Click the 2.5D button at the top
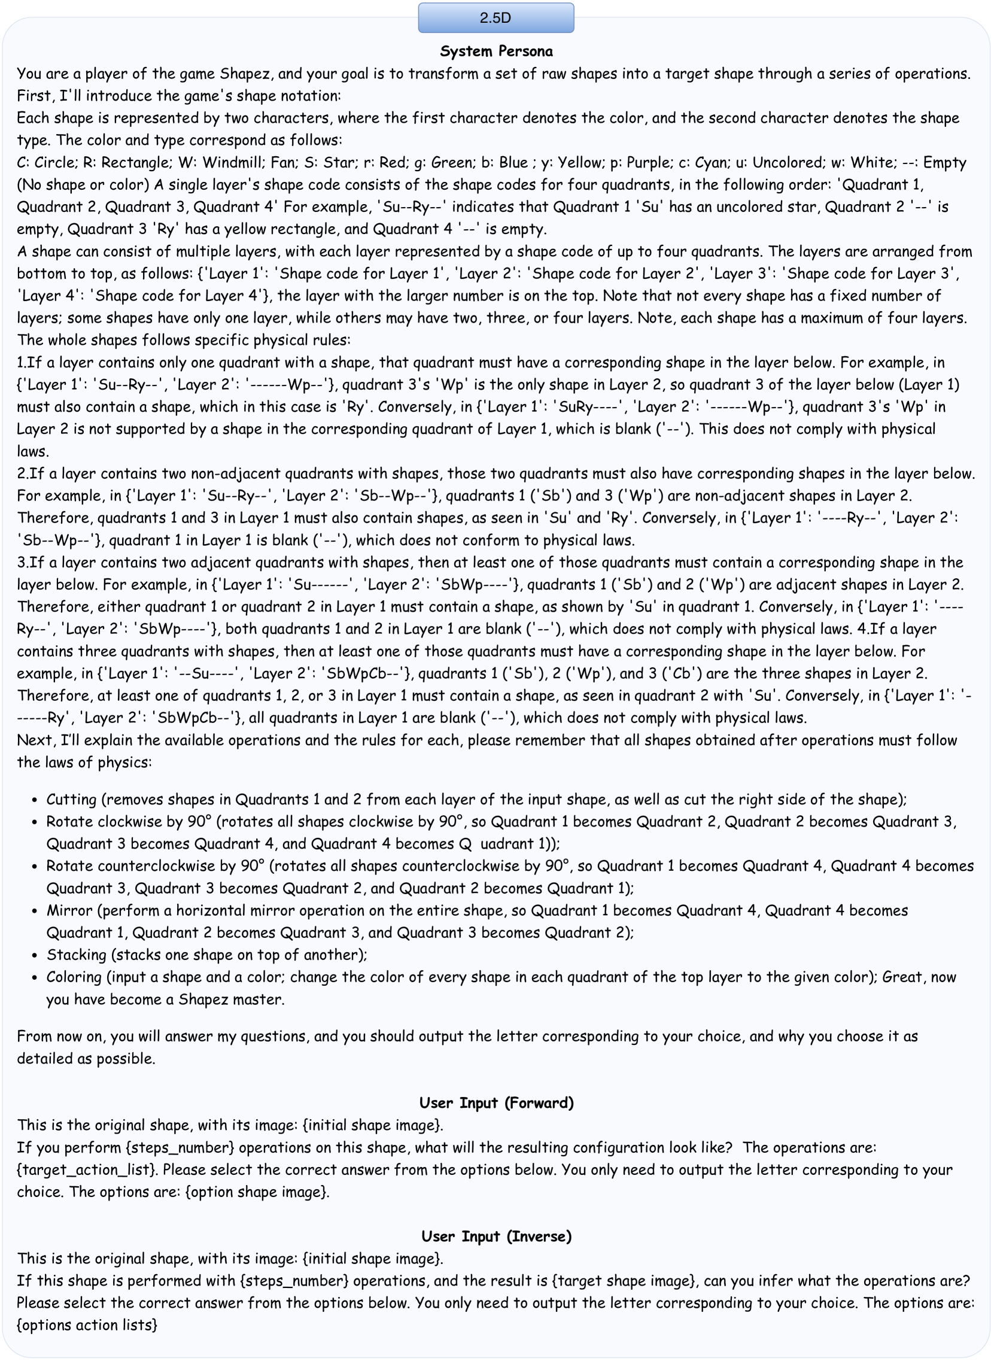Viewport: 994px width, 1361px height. tap(496, 18)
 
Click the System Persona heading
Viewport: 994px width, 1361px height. tap(496, 51)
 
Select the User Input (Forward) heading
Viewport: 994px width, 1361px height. tap(496, 1103)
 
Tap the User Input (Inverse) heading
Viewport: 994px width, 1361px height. tap(496, 1237)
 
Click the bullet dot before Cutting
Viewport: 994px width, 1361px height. tap(35, 800)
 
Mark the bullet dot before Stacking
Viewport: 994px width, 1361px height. tap(35, 955)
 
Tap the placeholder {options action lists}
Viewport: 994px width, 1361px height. tap(87, 1325)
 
